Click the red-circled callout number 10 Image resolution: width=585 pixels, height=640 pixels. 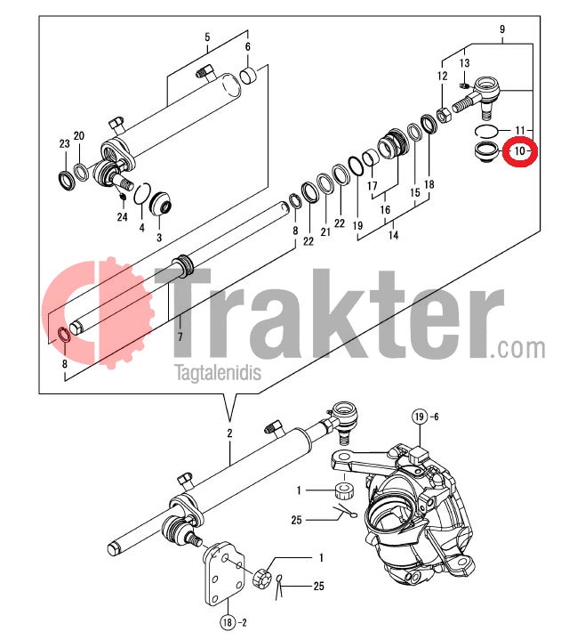tap(520, 151)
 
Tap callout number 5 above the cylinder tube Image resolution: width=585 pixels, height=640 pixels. tap(207, 37)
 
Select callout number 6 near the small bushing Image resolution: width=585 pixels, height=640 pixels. tap(247, 46)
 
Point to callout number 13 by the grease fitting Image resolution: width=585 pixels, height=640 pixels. tap(464, 62)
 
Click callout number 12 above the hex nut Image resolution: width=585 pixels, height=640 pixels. tap(443, 76)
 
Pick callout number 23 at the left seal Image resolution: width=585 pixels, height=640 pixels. tap(64, 143)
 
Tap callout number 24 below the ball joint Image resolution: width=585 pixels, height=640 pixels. tap(123, 216)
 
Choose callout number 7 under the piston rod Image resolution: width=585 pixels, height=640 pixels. tap(180, 336)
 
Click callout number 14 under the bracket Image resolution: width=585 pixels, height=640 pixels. tap(393, 235)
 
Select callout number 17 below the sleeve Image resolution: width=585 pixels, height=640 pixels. tap(373, 186)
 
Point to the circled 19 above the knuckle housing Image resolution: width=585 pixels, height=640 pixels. tap(420, 417)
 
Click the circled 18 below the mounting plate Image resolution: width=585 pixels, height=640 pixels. tap(228, 622)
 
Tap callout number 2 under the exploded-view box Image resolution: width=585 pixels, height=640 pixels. tap(229, 433)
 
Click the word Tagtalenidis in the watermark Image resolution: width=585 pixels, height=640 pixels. tap(218, 373)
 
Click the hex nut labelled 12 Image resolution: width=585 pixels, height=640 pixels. tap(444, 115)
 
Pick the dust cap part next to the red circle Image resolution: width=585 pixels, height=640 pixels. tap(486, 152)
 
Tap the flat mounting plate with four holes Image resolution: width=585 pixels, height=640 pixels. tap(224, 573)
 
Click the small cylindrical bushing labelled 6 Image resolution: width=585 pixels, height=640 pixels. tap(249, 76)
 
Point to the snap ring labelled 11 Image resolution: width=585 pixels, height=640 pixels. tap(486, 132)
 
